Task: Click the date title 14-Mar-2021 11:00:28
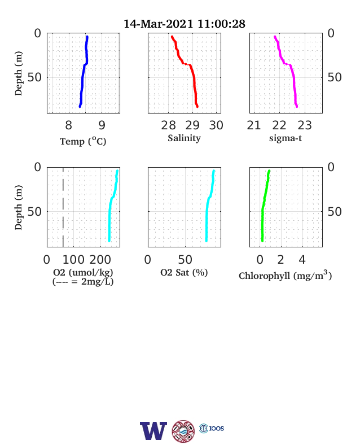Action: click(x=185, y=24)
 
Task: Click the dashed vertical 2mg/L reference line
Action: click(x=63, y=207)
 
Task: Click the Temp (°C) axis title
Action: click(x=83, y=141)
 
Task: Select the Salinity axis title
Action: click(x=185, y=138)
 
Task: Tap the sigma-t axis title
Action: click(x=286, y=138)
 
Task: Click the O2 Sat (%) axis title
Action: click(x=184, y=272)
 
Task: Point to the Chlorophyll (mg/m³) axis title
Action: click(x=285, y=275)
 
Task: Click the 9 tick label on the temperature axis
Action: click(x=102, y=125)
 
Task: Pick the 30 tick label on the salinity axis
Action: click(x=216, y=125)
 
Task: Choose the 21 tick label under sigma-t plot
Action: click(x=254, y=125)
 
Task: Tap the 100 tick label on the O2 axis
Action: click(x=73, y=260)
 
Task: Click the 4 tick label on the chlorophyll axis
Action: click(x=302, y=260)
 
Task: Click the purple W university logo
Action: click(x=153, y=430)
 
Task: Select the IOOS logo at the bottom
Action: click(x=212, y=428)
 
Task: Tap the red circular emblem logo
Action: click(x=183, y=431)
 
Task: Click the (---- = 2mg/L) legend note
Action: click(x=83, y=282)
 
